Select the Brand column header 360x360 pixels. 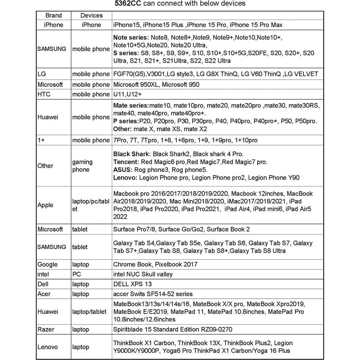53,15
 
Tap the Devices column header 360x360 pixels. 91,15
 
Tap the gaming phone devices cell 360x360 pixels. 82,166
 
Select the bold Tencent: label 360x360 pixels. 126,162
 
